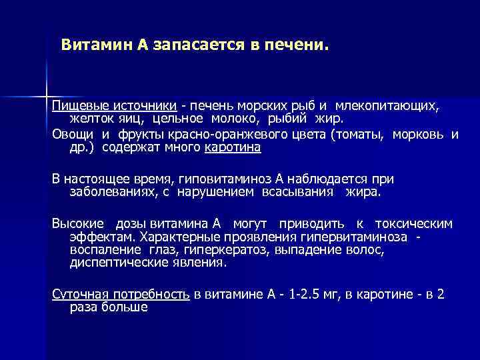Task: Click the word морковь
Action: [421, 135]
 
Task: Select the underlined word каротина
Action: [233, 148]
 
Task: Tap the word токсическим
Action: [413, 223]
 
